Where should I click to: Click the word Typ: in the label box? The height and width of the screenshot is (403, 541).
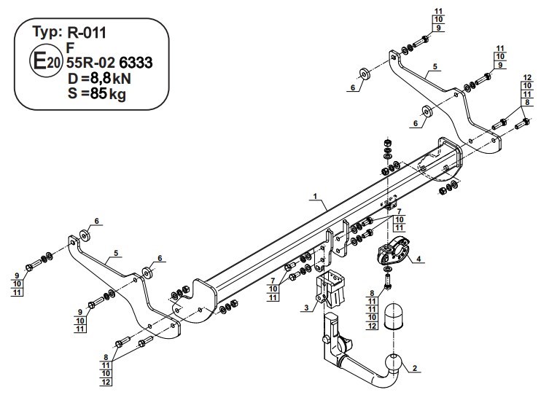47,32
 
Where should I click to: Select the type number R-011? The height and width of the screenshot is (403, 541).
87,33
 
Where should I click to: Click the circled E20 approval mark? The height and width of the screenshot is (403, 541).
45,62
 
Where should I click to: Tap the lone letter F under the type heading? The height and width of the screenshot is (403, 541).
71,47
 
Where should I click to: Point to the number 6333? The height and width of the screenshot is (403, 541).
136,63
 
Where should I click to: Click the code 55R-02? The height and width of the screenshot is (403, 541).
91,63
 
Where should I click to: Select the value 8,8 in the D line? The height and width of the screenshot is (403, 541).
101,79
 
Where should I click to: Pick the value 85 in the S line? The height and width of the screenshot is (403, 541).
98,93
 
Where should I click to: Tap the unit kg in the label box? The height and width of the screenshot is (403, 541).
117,95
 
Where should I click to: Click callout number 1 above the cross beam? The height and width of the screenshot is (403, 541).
315,197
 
